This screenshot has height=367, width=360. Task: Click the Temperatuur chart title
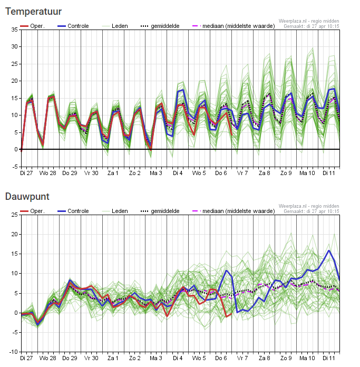click(x=33, y=12)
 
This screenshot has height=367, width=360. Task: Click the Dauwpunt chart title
click(x=27, y=197)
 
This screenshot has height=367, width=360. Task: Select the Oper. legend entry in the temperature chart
click(x=32, y=26)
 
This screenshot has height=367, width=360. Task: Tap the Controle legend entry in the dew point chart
click(x=73, y=211)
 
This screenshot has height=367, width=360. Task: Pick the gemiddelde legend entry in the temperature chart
click(x=160, y=26)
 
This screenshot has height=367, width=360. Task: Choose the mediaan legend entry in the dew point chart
click(x=233, y=211)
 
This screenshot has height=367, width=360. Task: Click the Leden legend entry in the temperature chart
click(x=115, y=26)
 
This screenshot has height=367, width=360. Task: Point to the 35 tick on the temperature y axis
click(x=15, y=30)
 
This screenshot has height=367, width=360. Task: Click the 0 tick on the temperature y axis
click(x=16, y=149)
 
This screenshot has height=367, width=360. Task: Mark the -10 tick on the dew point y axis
click(x=14, y=352)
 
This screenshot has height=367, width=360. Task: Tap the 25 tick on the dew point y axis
click(x=15, y=215)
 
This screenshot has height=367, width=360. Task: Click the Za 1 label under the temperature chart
click(x=113, y=173)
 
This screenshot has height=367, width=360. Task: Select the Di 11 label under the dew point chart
click(x=329, y=358)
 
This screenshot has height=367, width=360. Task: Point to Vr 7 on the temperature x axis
click(x=242, y=173)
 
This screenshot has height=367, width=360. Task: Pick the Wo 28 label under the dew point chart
click(x=48, y=358)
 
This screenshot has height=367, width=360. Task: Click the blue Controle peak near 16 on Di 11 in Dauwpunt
click(x=329, y=250)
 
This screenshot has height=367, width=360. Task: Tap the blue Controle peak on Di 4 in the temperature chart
click(x=183, y=90)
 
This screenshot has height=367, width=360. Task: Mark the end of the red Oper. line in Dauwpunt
click(x=231, y=314)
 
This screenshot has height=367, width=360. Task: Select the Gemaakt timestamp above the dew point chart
click(x=312, y=211)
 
